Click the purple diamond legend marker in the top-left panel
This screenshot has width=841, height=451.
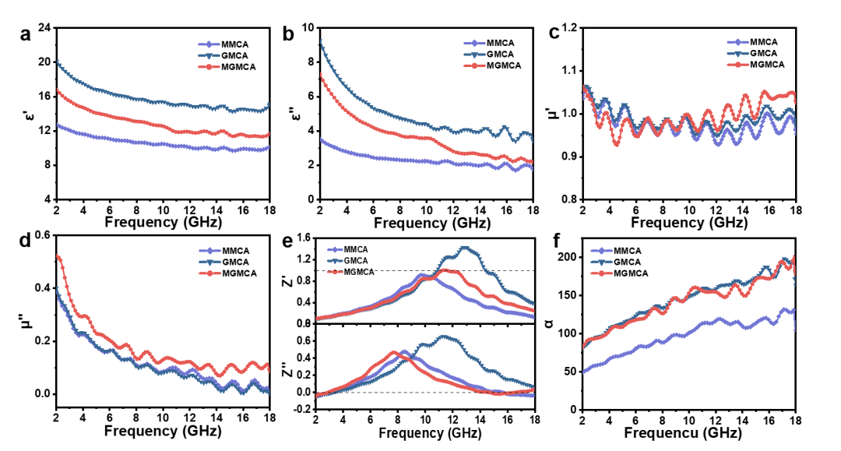pyautogui.click(x=209, y=44)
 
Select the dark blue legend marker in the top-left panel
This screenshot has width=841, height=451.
pyautogui.click(x=209, y=55)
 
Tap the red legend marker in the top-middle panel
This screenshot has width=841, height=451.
pyautogui.click(x=474, y=65)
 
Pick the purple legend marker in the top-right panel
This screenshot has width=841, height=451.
pyautogui.click(x=738, y=43)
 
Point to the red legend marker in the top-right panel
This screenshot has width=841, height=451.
pyautogui.click(x=738, y=65)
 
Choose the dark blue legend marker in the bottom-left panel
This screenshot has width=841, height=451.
pyautogui.click(x=209, y=262)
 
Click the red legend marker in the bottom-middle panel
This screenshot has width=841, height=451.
pyautogui.click(x=335, y=272)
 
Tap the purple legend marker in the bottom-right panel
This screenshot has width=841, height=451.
pyautogui.click(x=601, y=251)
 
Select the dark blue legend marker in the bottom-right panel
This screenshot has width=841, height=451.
pyautogui.click(x=601, y=262)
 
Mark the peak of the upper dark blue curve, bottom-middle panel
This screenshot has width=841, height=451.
pyautogui.click(x=466, y=248)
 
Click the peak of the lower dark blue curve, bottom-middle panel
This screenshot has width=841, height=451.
pyautogui.click(x=444, y=337)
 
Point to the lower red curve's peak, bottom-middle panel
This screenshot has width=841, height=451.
pyautogui.click(x=394, y=352)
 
